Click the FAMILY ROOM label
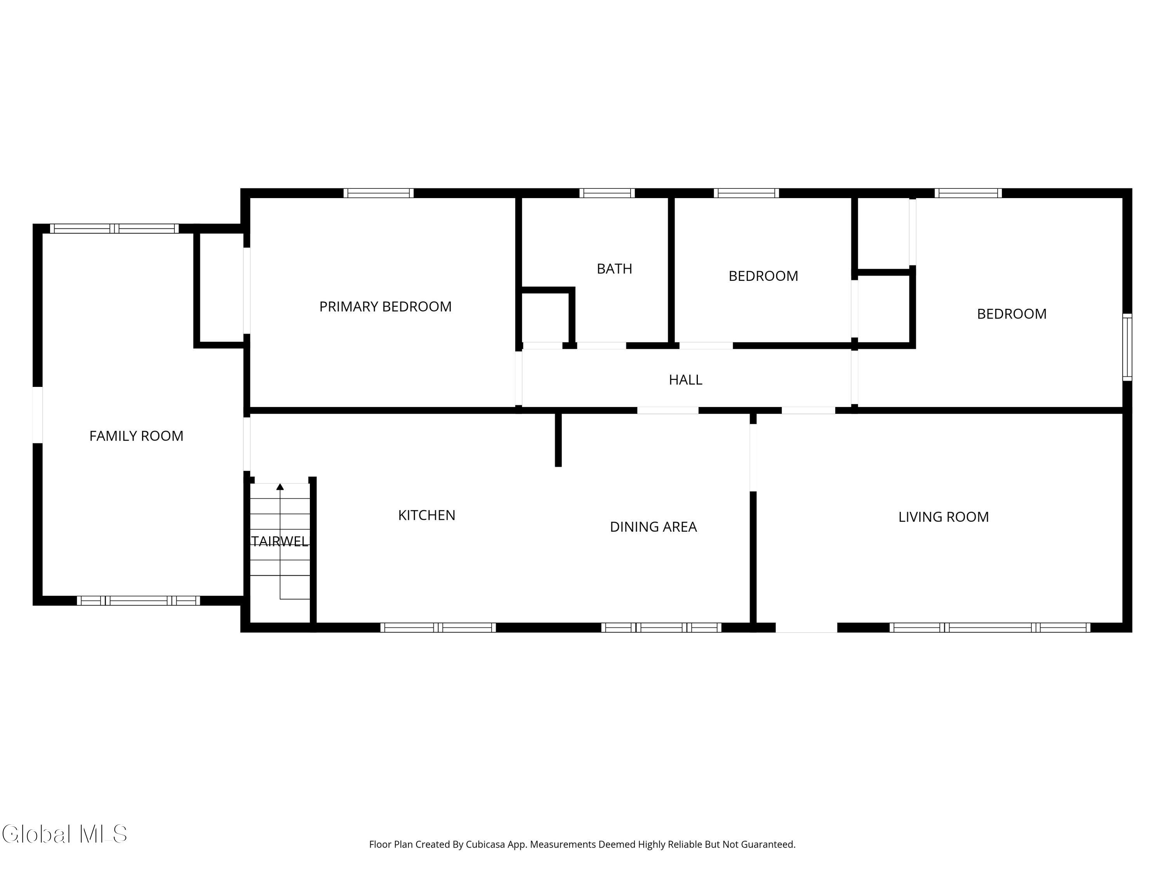[136, 436]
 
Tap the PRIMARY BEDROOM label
[385, 306]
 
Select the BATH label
[614, 269]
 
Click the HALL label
[685, 380]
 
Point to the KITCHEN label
[427, 515]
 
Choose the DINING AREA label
[653, 527]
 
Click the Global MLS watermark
[64, 834]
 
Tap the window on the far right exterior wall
[1127, 347]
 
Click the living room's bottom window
[989, 627]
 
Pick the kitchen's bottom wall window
[438, 627]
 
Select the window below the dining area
[661, 627]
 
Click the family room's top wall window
[114, 229]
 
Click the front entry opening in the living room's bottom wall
[806, 627]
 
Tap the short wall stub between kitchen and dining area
[558, 440]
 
